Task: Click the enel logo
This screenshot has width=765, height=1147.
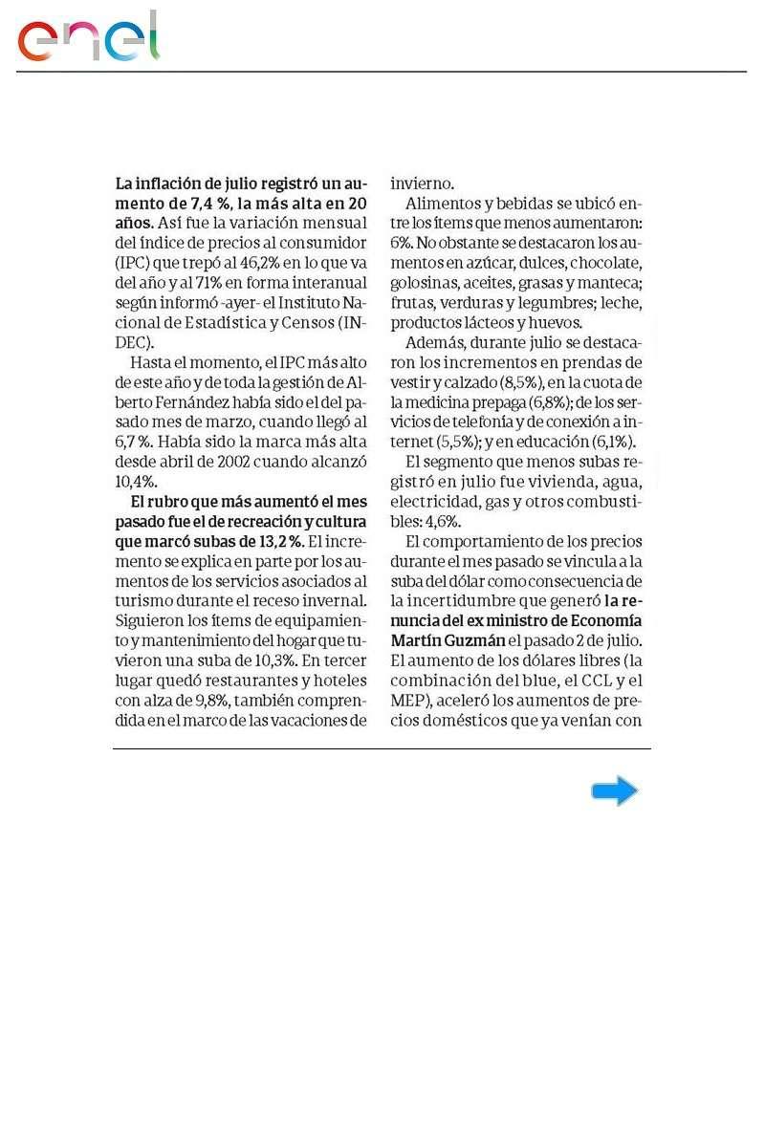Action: (88, 38)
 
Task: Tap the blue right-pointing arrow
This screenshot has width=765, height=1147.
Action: (614, 790)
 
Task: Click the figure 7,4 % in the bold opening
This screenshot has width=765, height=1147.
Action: (209, 204)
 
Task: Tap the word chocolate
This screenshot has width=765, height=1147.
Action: (607, 262)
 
